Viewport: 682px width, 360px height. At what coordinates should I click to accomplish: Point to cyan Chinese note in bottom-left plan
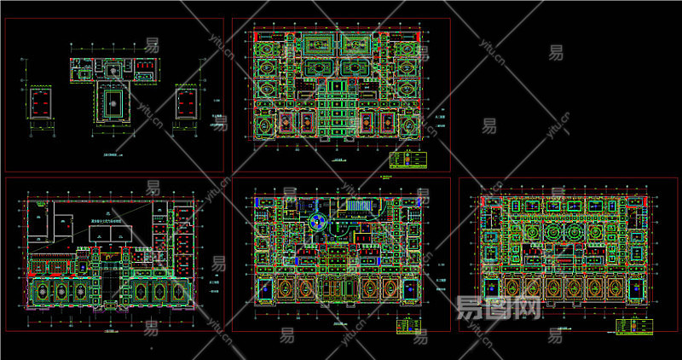click(x=106, y=218)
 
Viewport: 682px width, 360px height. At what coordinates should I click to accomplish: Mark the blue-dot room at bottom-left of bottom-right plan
click(x=492, y=290)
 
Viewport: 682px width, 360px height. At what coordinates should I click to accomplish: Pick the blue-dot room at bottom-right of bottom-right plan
click(x=635, y=290)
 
